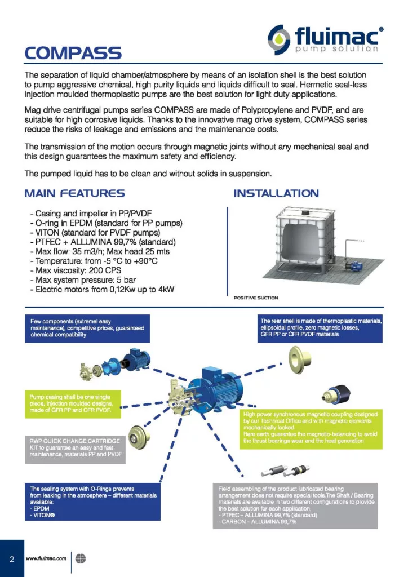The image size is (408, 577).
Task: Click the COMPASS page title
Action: tap(73, 53)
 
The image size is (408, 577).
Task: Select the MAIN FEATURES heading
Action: tap(74, 194)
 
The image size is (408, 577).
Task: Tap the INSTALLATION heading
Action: tap(276, 194)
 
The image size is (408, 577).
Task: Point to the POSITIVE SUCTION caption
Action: tap(255, 298)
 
